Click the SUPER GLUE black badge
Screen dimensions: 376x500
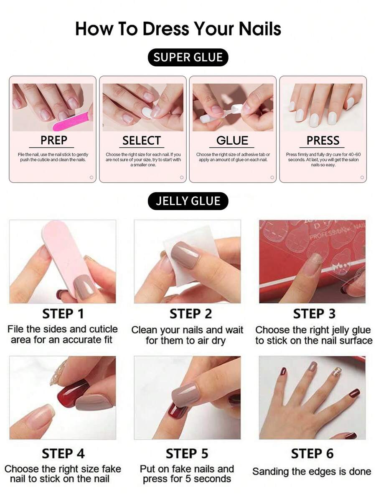coord(188,58)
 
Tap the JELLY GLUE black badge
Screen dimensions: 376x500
coord(188,201)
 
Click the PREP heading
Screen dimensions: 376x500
coord(53,140)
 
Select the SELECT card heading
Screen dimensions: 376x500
coord(142,140)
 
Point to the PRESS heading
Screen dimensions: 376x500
coord(323,140)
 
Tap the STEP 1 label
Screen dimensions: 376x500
coord(63,314)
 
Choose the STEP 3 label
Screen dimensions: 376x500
coord(314,314)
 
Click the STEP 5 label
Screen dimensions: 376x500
coord(187,453)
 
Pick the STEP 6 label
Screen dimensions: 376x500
coord(312,453)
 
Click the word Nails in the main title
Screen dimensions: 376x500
coord(260,29)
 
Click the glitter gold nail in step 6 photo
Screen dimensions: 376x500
coord(338,371)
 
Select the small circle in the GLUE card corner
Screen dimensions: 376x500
coord(272,177)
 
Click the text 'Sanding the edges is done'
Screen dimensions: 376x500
coord(312,471)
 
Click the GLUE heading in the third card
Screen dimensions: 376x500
coord(232,140)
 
